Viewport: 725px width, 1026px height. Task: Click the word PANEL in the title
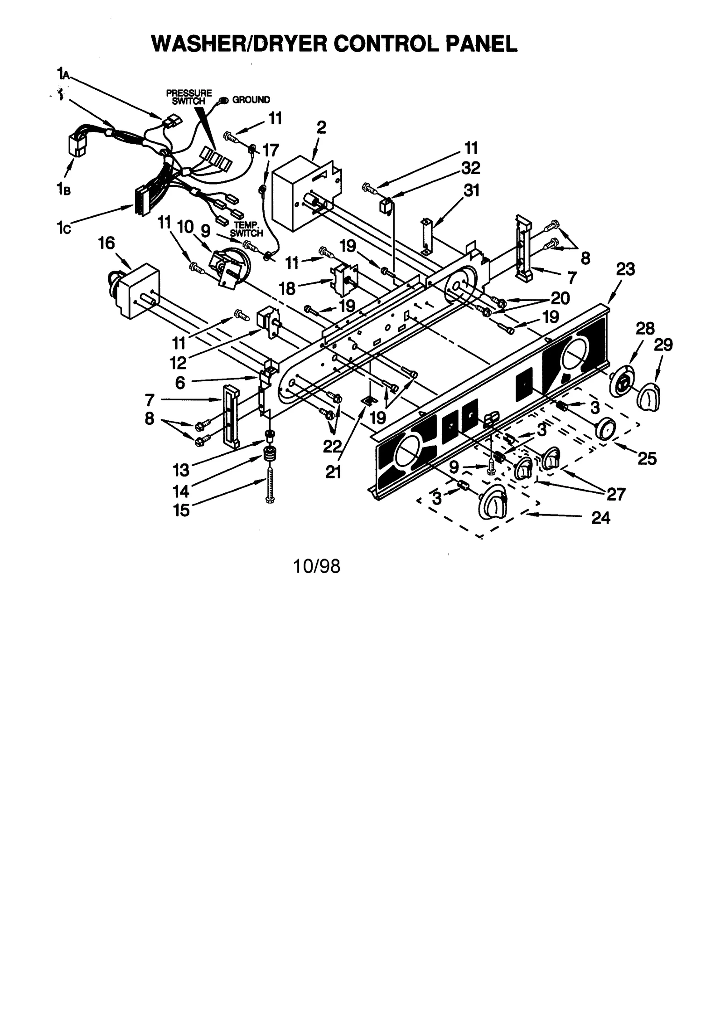tap(481, 44)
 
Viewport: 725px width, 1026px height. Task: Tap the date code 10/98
tap(316, 566)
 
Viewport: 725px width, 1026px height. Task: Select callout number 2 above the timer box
tap(321, 127)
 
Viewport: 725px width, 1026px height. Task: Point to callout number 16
tap(106, 243)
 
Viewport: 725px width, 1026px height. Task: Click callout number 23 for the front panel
tap(625, 269)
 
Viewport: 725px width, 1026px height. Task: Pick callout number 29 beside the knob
tap(663, 345)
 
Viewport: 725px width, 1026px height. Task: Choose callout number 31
tap(471, 190)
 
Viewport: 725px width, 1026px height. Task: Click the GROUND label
tap(251, 100)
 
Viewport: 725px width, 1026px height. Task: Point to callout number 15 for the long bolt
tap(181, 511)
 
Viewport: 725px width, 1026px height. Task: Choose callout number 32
tap(471, 168)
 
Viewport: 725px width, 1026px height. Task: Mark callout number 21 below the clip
tap(333, 472)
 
